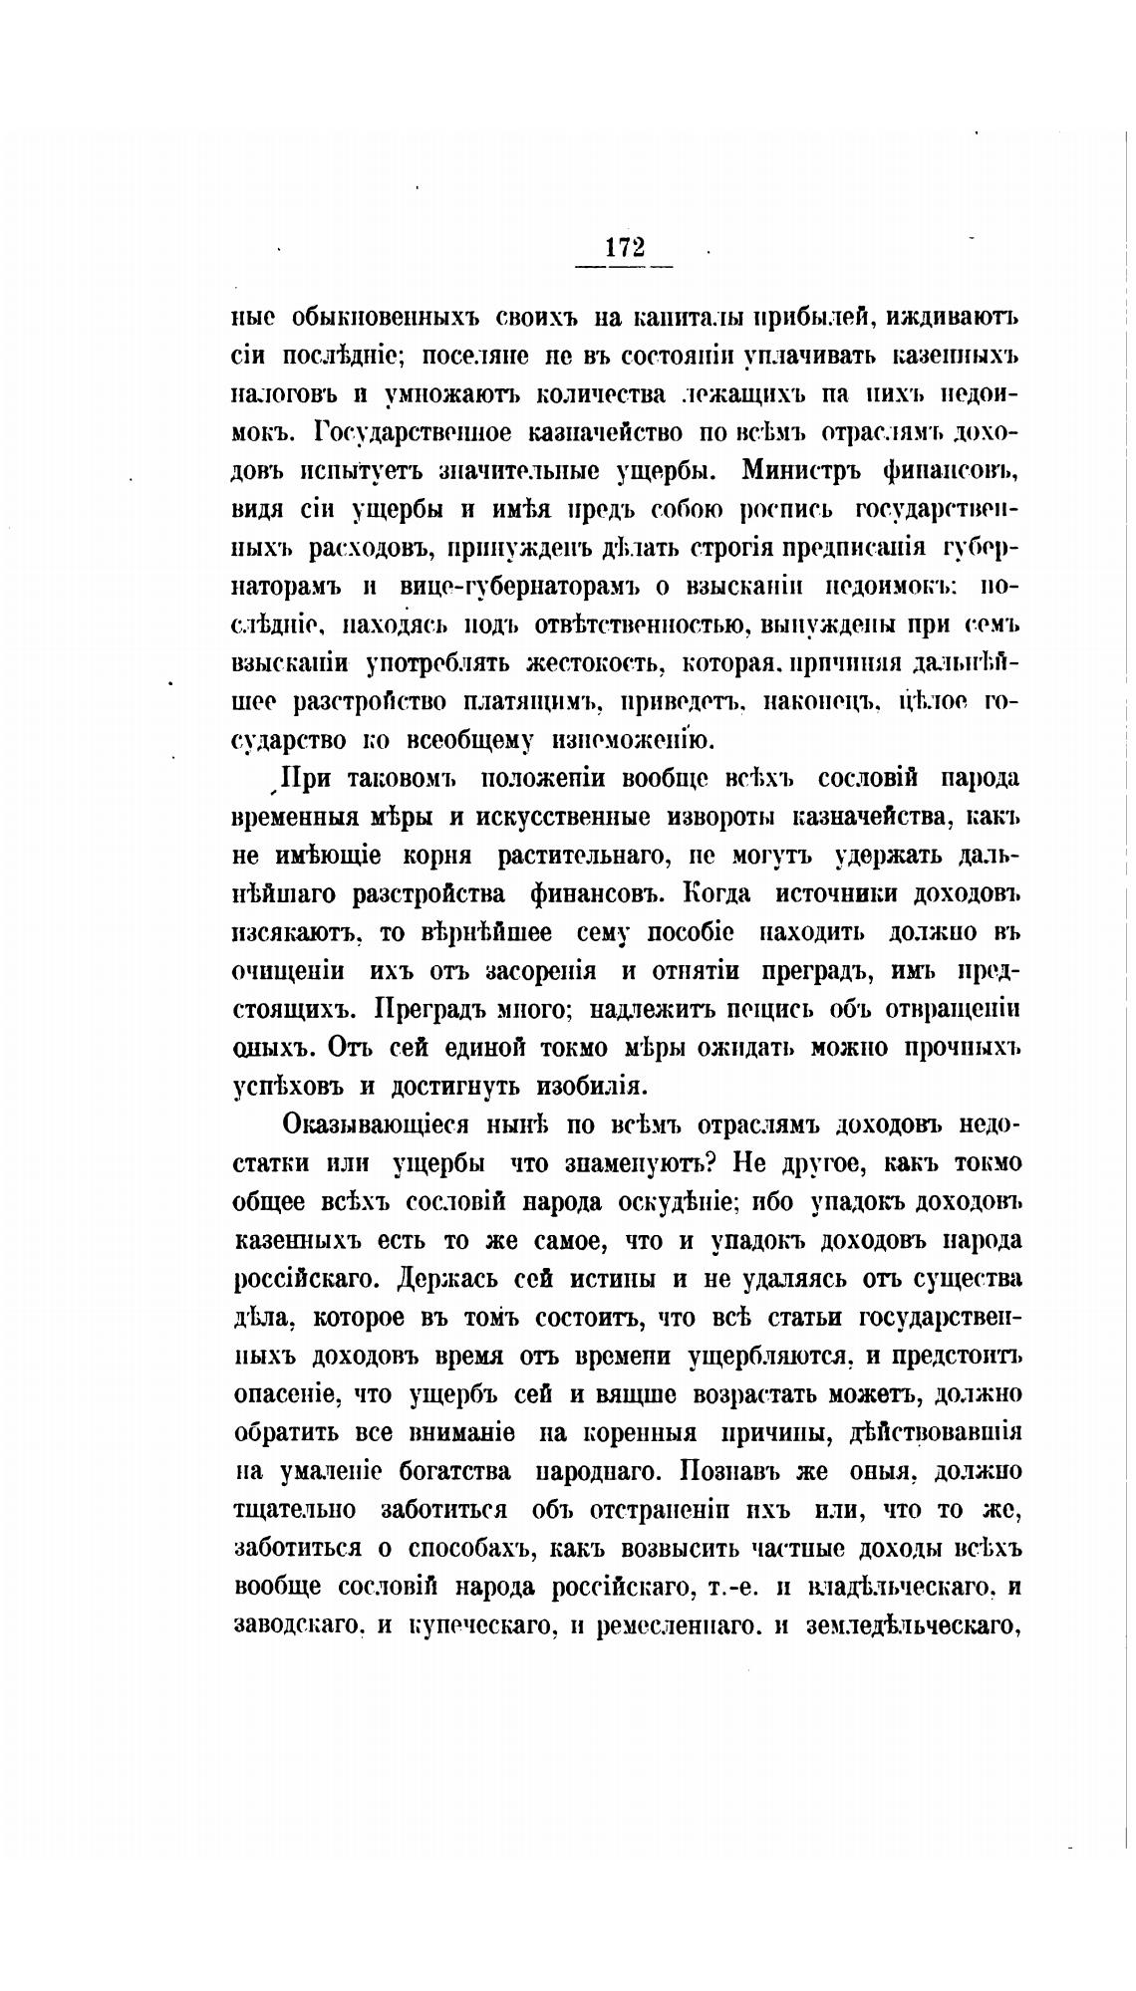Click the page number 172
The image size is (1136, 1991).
pyautogui.click(x=625, y=248)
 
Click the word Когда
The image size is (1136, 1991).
pyautogui.click(x=715, y=893)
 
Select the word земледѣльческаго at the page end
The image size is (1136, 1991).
pyautogui.click(x=909, y=1625)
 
